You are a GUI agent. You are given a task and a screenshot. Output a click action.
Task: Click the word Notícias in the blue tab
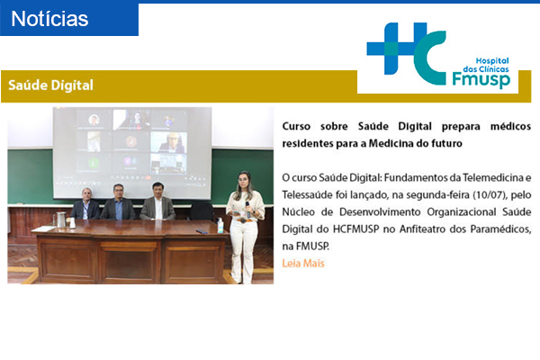[49, 19]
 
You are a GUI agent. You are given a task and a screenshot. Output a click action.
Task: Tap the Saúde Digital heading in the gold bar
[50, 85]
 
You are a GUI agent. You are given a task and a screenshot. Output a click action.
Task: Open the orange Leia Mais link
[303, 264]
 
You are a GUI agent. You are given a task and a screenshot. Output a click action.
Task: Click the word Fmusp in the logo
[481, 79]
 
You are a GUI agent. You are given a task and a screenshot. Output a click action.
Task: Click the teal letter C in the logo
[430, 58]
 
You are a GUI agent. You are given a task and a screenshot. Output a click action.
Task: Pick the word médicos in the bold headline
[510, 126]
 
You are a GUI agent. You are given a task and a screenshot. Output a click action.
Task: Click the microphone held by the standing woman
[247, 209]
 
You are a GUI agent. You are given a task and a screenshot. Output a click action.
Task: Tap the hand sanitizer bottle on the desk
[220, 226]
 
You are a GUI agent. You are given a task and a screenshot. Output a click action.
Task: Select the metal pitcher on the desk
[60, 220]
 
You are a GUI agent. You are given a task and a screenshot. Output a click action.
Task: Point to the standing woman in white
[245, 228]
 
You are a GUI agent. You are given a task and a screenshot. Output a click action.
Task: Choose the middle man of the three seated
[118, 202]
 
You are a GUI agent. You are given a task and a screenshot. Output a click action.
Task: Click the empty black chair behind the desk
[201, 211]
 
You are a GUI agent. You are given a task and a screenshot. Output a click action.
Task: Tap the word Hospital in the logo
[492, 61]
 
